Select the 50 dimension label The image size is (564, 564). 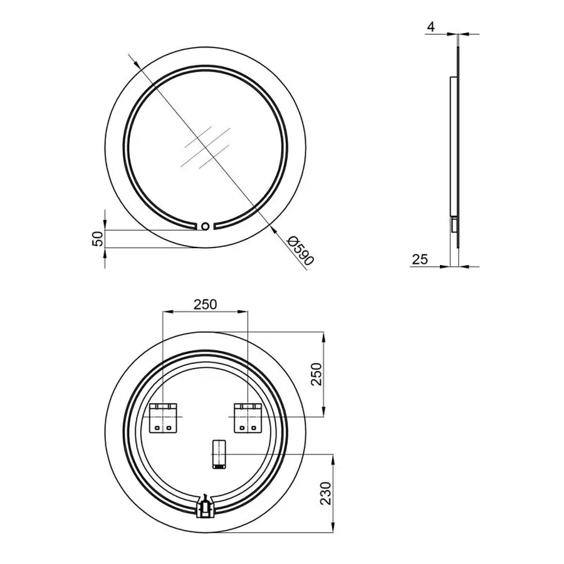(x=97, y=239)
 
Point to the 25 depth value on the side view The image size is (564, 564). (x=420, y=259)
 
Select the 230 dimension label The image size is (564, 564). (x=324, y=493)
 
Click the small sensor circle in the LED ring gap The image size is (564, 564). (x=205, y=226)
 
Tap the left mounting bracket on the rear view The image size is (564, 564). (x=164, y=417)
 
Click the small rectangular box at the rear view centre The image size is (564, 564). (x=218, y=454)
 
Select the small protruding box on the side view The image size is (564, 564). (x=452, y=224)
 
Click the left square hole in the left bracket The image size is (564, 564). (x=157, y=427)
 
